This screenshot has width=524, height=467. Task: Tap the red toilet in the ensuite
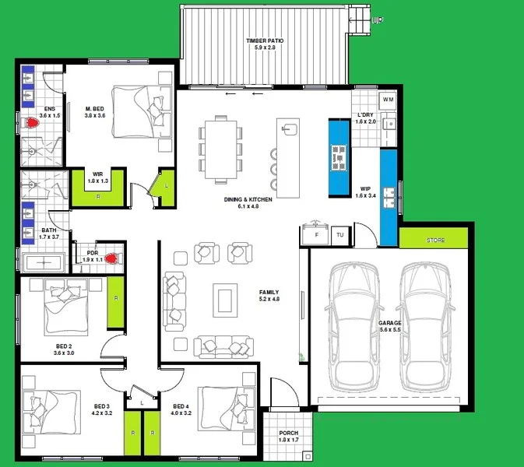pos(32,122)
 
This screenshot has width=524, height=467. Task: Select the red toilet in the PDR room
pos(112,258)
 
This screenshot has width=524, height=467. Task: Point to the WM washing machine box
pos(388,100)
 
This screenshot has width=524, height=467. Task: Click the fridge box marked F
pos(316,235)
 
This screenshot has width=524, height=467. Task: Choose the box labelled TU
pos(340,235)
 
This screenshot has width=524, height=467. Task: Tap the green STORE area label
pos(435,241)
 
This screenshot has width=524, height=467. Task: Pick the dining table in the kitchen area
pos(219,147)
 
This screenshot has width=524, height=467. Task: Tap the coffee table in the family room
pos(226,299)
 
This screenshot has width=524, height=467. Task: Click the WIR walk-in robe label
pos(97,174)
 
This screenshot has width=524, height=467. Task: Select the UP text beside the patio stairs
pos(378,20)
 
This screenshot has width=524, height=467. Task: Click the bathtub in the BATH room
pos(44,261)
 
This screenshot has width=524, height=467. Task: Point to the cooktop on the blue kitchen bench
pos(339,156)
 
